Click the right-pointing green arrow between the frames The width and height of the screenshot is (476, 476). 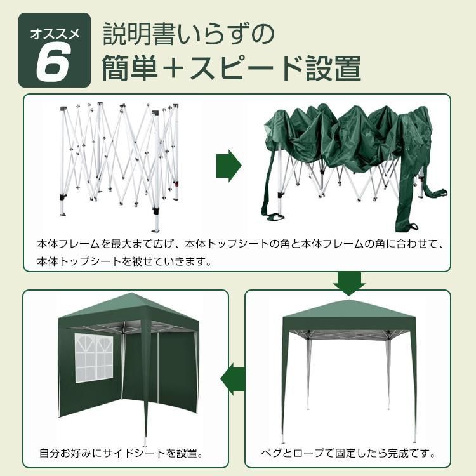229,167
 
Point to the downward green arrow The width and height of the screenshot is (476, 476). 348,283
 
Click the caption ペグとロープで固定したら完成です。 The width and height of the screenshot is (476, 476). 348,454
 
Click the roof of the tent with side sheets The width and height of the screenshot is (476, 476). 127,311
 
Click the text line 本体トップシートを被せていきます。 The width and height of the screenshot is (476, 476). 124,261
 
